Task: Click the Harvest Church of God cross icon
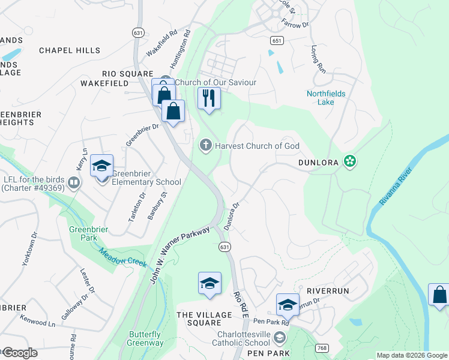(205, 145)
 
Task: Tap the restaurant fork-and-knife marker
(209, 98)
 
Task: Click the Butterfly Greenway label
(145, 339)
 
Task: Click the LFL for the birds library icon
(74, 182)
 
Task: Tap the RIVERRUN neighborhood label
(328, 290)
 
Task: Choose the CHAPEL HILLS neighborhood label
(70, 50)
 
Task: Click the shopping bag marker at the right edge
(439, 295)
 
